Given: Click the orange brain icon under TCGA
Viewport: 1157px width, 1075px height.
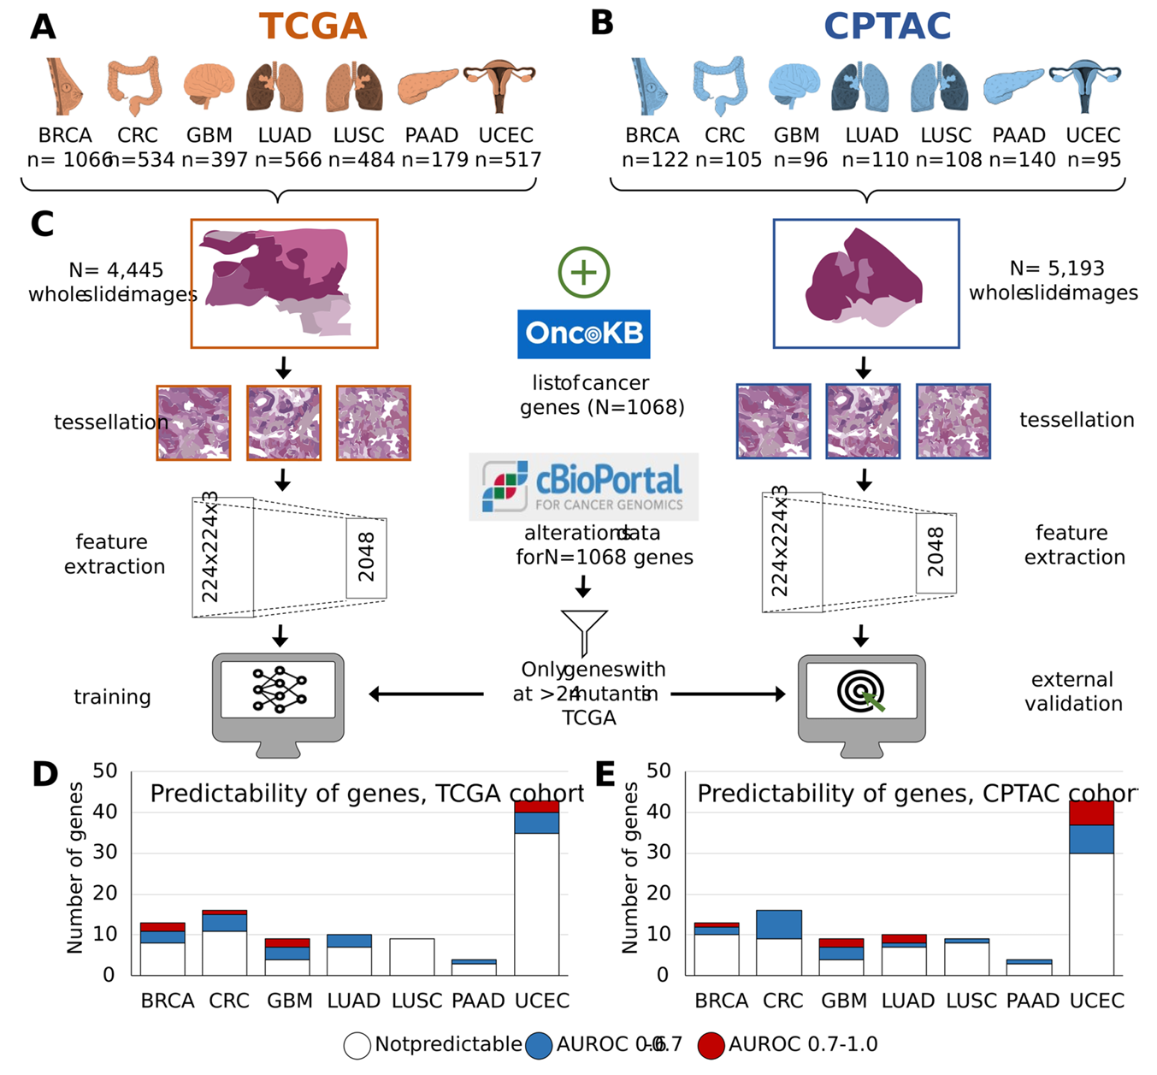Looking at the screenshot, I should (209, 87).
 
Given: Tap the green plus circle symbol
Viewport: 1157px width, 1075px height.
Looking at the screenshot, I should (584, 273).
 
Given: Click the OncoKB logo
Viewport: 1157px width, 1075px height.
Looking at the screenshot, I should (584, 334).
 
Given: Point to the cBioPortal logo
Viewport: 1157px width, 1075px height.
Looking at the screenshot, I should (584, 487).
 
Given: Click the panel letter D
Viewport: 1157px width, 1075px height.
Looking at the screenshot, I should (45, 775).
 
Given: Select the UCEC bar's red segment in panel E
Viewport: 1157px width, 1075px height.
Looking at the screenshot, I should (1091, 812).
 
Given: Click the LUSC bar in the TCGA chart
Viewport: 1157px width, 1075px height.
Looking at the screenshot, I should (412, 956).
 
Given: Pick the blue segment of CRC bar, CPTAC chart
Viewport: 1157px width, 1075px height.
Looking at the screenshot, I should (778, 924).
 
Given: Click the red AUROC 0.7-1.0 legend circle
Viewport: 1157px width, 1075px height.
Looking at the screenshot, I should (711, 1045).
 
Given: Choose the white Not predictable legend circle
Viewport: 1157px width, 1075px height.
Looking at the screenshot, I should (357, 1045).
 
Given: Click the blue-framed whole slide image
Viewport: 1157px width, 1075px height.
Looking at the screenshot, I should (866, 283).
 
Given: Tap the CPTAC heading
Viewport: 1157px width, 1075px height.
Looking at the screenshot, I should (887, 27).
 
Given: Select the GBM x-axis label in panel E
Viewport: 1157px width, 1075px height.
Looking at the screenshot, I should (844, 1001).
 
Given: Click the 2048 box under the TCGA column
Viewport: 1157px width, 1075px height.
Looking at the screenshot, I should (366, 558).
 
